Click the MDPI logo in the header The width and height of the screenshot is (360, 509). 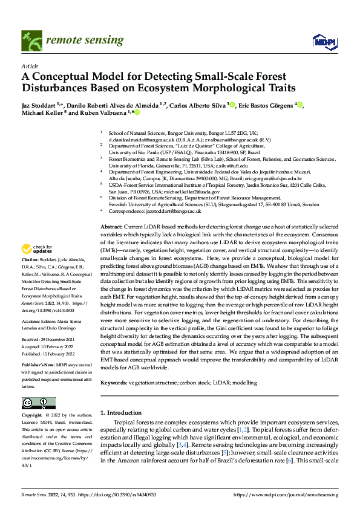coord(323,41)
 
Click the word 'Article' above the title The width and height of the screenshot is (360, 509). coord(30,65)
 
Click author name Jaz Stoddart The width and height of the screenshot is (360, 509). coord(41,105)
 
